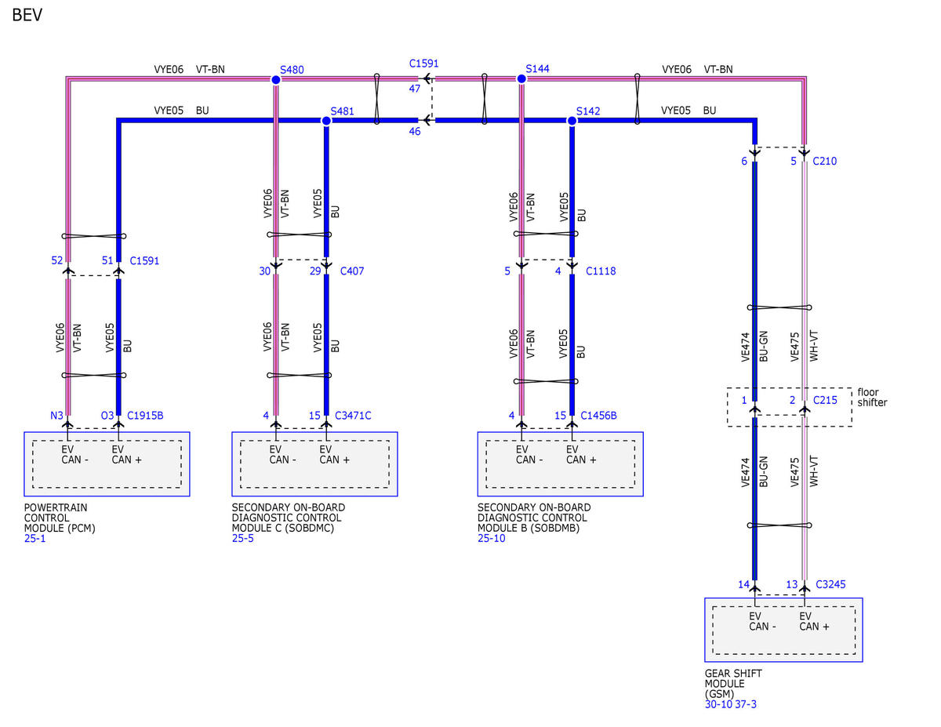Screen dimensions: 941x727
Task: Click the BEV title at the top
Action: (27, 15)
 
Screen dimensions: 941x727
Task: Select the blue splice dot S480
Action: (275, 80)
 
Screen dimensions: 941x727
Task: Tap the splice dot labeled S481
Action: (326, 121)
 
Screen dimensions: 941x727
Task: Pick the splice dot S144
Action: (521, 78)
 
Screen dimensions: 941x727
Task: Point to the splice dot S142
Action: (572, 121)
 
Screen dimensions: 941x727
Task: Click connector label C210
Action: (824, 161)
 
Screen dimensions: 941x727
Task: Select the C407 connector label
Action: (351, 271)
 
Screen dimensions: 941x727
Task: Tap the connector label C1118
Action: (600, 271)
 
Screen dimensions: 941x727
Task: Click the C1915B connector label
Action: (145, 416)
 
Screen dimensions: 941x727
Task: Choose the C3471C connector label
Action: (353, 416)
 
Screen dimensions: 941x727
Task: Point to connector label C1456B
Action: (598, 416)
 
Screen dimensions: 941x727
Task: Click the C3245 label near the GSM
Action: (830, 584)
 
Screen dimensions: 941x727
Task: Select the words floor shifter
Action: (872, 398)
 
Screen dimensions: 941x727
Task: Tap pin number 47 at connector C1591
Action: (414, 89)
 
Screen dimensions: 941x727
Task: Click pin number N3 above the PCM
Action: (56, 416)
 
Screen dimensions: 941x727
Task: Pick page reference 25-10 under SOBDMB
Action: (491, 538)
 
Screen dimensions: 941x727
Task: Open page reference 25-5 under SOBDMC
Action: (242, 538)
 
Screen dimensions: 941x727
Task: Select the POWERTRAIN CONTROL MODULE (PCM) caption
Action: (60, 518)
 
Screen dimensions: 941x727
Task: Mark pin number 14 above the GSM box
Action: (743, 584)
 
